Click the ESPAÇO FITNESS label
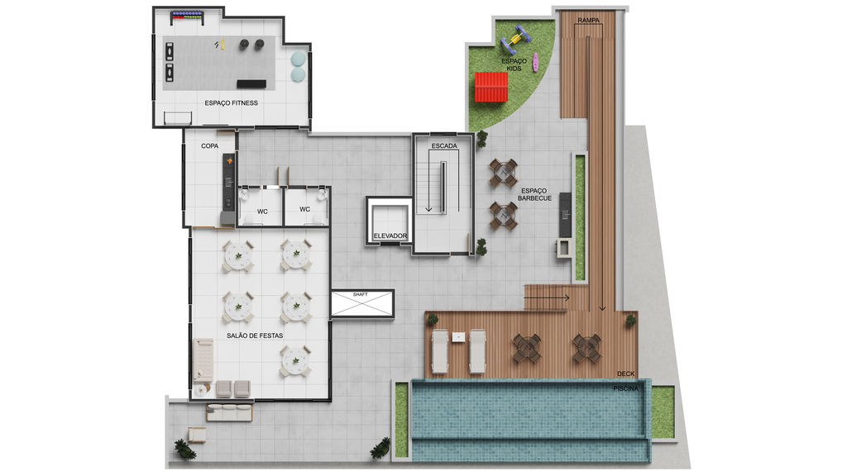[232, 103]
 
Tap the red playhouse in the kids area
[491, 87]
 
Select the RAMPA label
[588, 21]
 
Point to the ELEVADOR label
[390, 236]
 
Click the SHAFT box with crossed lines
[362, 303]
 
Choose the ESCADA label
[444, 145]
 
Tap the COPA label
[209, 145]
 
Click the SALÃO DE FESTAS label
[255, 336]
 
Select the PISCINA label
[625, 388]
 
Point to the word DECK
[625, 374]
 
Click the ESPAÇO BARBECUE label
[534, 194]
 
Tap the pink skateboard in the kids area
[535, 62]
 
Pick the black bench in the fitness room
[251, 84]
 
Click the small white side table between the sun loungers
[458, 337]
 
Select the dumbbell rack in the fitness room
[187, 17]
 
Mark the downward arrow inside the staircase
[429, 181]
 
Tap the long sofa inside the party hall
[203, 359]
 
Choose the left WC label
[262, 212]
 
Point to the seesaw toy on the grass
[517, 38]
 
